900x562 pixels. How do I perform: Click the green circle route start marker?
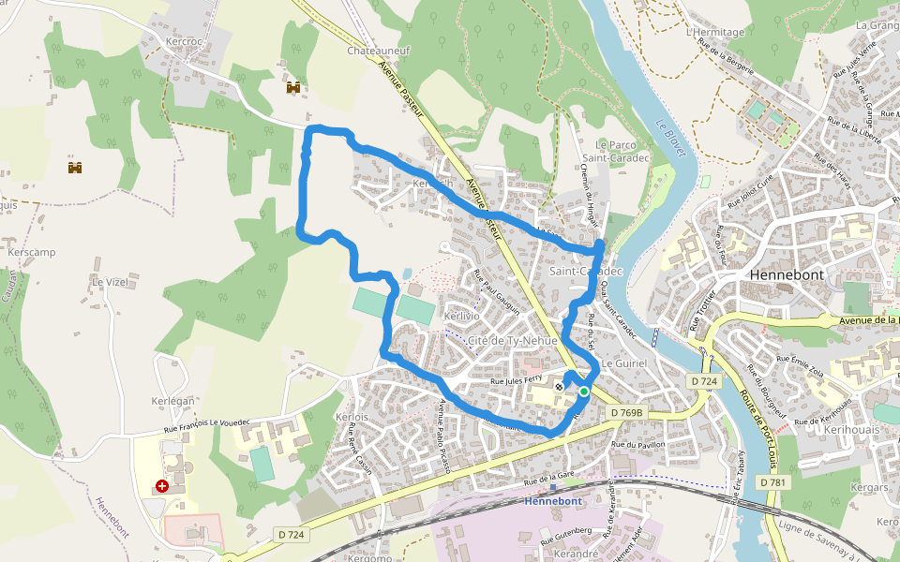(x=584, y=392)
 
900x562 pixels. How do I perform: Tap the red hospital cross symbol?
(x=163, y=487)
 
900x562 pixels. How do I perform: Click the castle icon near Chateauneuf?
(x=293, y=87)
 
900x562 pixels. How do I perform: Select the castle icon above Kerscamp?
(x=75, y=168)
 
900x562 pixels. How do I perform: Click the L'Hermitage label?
(x=715, y=32)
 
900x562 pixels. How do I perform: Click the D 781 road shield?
(x=772, y=481)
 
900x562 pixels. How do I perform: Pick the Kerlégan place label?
(x=172, y=401)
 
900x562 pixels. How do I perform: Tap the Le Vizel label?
(x=109, y=281)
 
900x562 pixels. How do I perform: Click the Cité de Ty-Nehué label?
(x=512, y=340)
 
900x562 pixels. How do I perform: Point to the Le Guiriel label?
(x=625, y=362)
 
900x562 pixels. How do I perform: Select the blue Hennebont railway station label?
(x=553, y=501)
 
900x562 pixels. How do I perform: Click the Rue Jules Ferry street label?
(x=517, y=381)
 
